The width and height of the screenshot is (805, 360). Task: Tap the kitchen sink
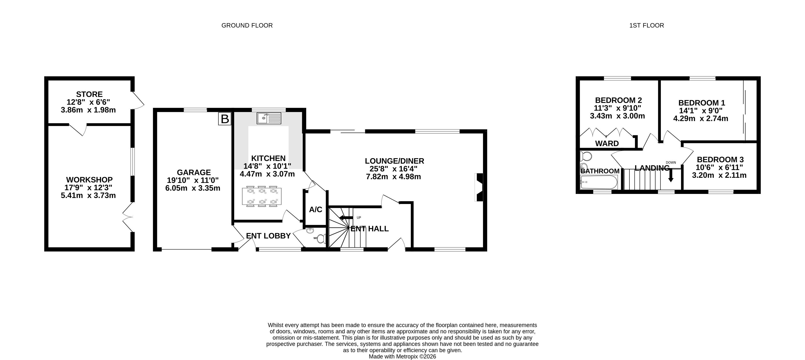[x=269, y=118]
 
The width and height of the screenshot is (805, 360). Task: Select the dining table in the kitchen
[x=262, y=196]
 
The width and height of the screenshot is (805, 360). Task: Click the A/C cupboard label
[x=316, y=209]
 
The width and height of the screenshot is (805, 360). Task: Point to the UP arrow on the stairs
[x=346, y=218]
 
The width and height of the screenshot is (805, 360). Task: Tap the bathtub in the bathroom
[x=599, y=182]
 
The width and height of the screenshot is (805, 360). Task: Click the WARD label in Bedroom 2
[x=607, y=143]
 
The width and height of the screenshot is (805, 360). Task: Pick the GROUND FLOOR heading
[x=247, y=25]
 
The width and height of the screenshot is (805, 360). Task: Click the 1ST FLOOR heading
[x=647, y=25]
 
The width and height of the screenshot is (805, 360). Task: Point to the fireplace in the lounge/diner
[x=479, y=187]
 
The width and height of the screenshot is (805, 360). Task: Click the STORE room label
[x=89, y=94]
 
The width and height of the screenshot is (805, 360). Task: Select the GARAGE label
[x=194, y=172]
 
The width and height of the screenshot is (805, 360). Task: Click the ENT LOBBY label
[x=268, y=236]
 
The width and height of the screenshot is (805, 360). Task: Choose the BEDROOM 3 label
[x=720, y=159]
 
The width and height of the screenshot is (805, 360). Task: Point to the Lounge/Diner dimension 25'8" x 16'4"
[x=393, y=169]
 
